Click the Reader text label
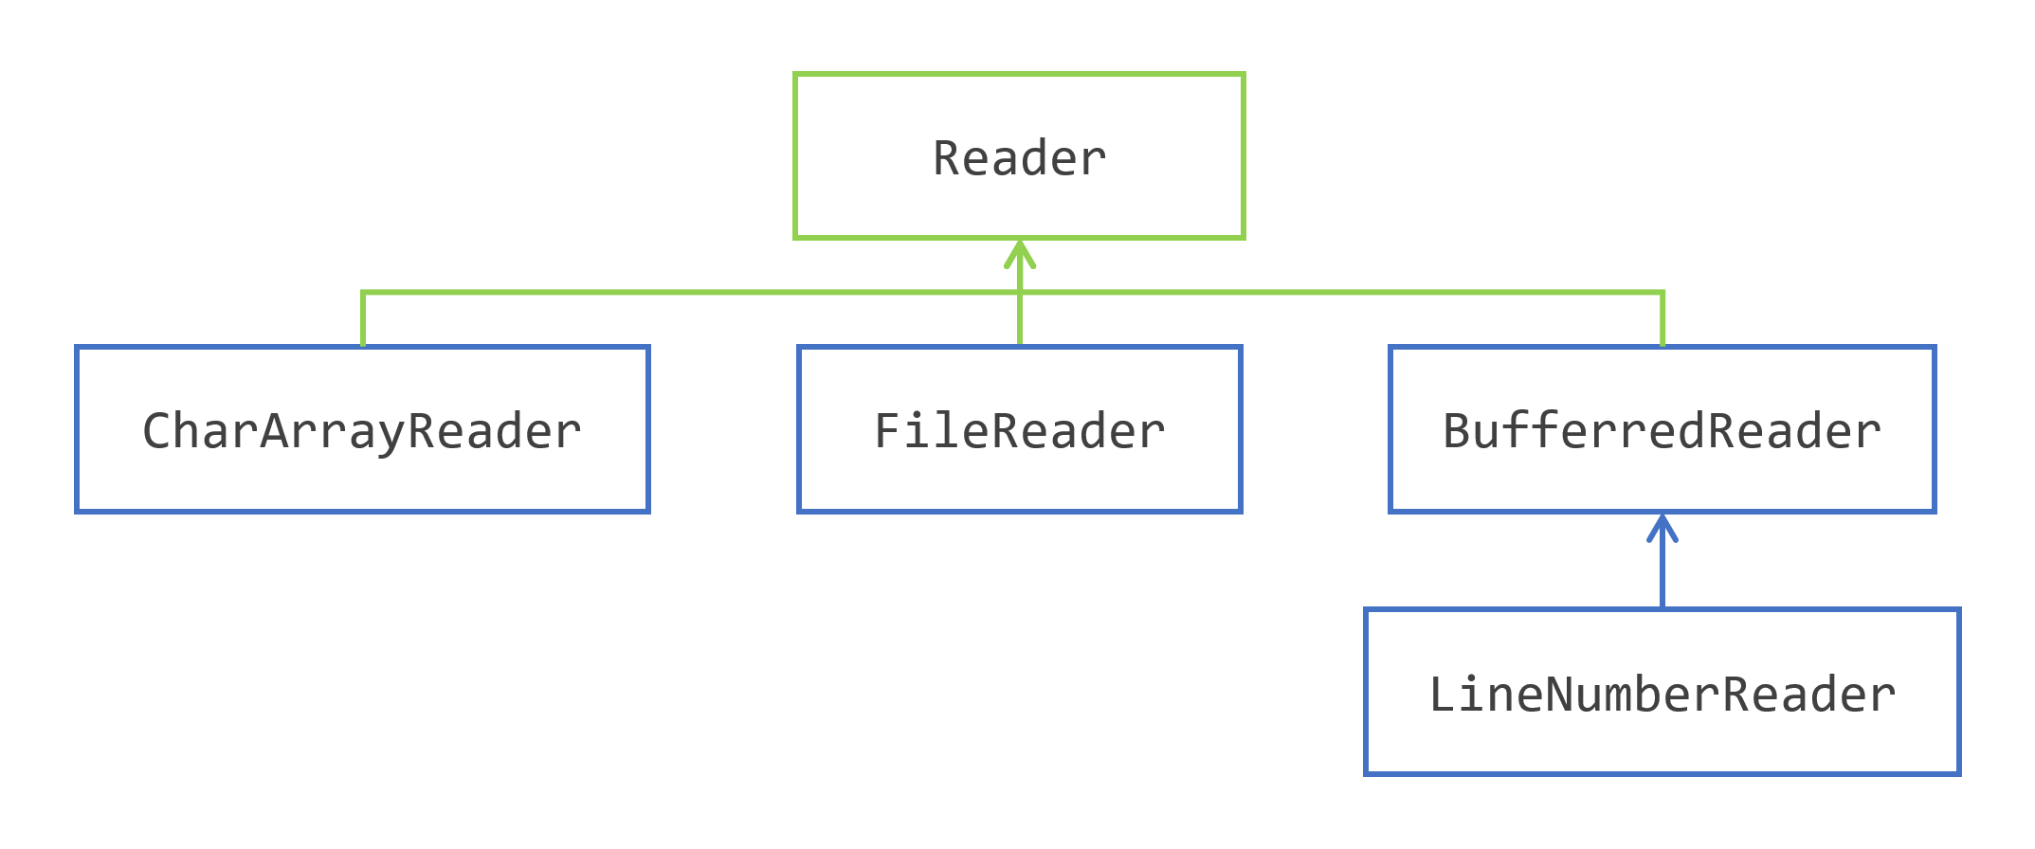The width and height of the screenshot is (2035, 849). click(1019, 158)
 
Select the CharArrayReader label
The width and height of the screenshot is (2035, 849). click(362, 432)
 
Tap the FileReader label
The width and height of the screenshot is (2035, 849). click(1019, 432)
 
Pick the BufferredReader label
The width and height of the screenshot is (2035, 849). click(1662, 432)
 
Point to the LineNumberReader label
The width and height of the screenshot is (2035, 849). click(1662, 695)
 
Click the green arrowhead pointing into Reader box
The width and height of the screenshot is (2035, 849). click(1019, 252)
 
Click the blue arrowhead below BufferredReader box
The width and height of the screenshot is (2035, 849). click(1662, 527)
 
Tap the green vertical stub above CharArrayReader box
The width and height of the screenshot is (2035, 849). click(363, 320)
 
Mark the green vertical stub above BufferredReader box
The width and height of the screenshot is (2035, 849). click(1662, 320)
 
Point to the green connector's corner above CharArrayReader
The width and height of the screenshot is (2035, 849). click(363, 293)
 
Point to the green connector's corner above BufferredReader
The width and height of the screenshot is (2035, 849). click(1662, 293)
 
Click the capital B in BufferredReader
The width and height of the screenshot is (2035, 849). click(1457, 432)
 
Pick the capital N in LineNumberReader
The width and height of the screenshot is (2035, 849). click(1561, 695)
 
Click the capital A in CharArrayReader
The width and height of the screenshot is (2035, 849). click(274, 432)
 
